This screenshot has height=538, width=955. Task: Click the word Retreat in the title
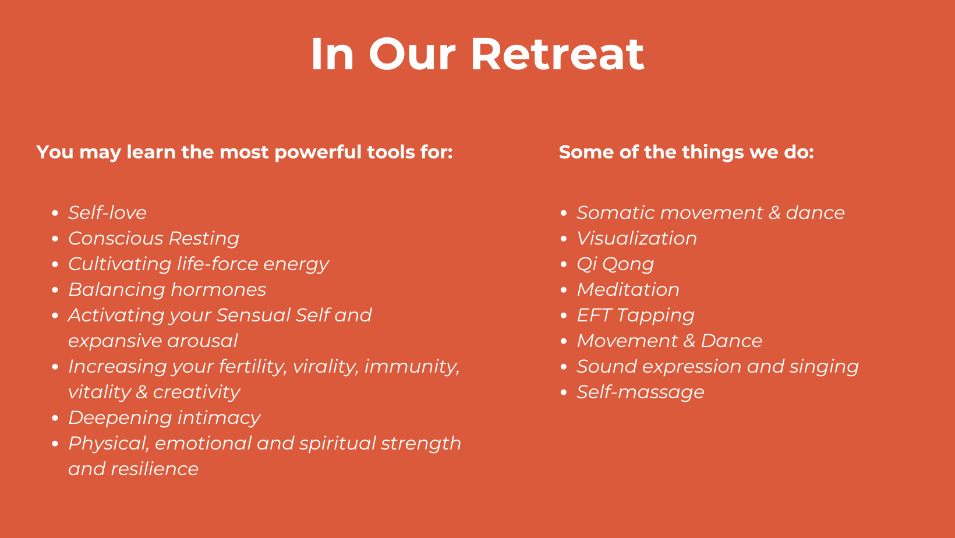(557, 54)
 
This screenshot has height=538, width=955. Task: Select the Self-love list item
(107, 213)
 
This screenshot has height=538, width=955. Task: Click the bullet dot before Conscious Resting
(55, 239)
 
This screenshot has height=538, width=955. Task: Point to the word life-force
(217, 264)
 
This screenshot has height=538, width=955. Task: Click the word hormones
(218, 289)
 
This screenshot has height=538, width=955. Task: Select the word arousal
(202, 341)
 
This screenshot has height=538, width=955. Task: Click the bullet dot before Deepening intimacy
(55, 418)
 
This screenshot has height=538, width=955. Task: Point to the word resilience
(154, 469)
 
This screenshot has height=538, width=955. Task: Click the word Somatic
(616, 213)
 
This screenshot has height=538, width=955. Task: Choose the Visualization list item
(636, 238)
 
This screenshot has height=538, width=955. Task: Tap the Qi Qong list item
(615, 264)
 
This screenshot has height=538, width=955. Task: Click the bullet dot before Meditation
(564, 290)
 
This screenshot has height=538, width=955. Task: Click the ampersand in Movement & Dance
(689, 341)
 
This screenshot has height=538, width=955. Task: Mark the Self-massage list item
(641, 392)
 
